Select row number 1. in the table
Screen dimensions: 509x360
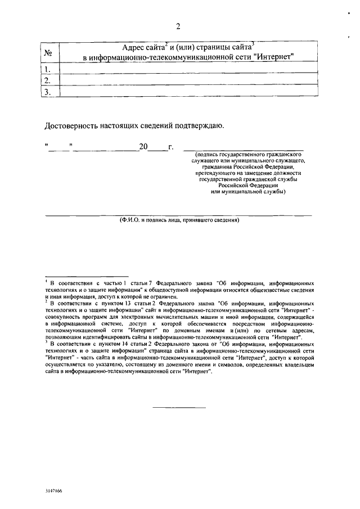[48, 70]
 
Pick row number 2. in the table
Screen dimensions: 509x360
[48, 81]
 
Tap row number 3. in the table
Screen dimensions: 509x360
[48, 92]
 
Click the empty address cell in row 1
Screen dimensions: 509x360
[188, 70]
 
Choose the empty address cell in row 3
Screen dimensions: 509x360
[188, 92]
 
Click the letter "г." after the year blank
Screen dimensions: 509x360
[171, 148]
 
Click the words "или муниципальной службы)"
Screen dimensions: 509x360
[248, 192]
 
